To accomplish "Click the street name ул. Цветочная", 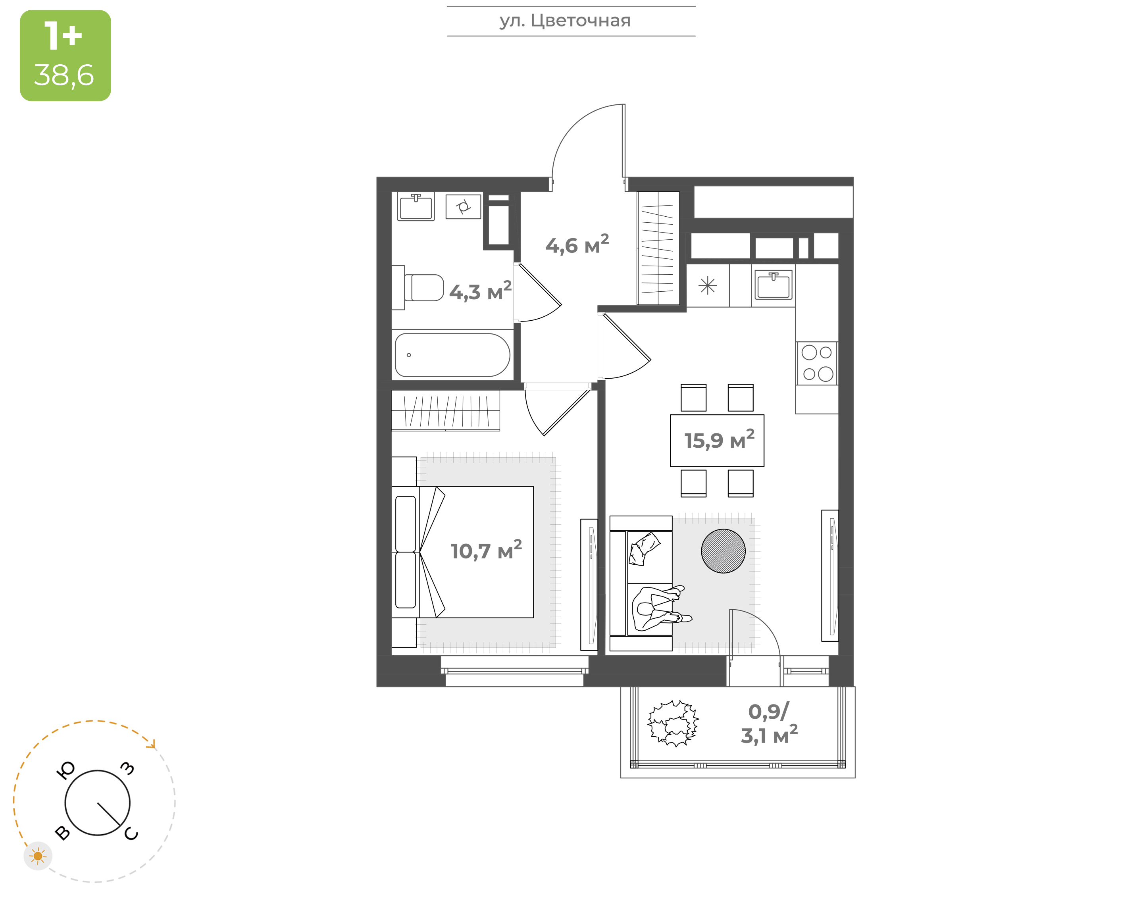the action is (565, 21).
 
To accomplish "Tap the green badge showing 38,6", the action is (65, 56).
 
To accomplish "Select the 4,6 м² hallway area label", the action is (577, 245).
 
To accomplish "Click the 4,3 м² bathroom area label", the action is (480, 291).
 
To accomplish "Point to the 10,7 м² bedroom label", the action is (486, 551).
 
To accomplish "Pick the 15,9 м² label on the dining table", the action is (719, 440).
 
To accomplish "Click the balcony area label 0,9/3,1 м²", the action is (769, 724).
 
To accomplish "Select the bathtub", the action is (452, 355).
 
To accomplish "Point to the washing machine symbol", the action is (463, 206).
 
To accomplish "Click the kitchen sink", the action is (774, 285).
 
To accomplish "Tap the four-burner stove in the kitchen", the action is (817, 363).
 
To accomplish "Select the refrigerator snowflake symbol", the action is (708, 286).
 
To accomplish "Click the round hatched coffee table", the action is (723, 551).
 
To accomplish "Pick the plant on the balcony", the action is (673, 723).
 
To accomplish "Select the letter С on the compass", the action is (131, 834).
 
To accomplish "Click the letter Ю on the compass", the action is (65, 770).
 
